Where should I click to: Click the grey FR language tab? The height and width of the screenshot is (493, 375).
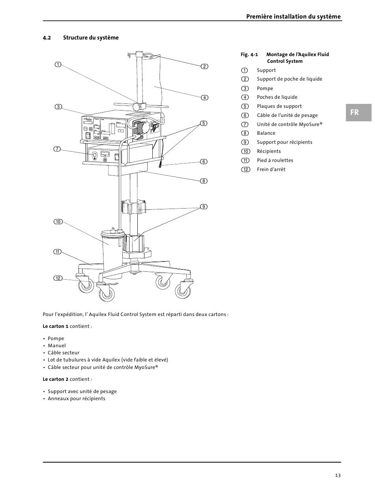coord(358,112)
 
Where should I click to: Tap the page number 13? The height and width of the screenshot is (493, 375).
coord(338,475)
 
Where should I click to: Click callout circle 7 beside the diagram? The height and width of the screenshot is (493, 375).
coord(57,149)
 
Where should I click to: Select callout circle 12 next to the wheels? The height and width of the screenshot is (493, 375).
coord(58,278)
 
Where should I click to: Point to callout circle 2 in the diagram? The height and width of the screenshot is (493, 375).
coord(204,66)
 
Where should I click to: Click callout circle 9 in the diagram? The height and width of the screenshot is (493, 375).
coord(204,207)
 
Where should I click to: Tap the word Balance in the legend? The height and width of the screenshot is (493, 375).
coord(266,133)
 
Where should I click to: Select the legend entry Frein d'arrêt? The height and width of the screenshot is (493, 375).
coord(271,169)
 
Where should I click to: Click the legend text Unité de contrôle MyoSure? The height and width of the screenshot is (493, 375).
coord(289,124)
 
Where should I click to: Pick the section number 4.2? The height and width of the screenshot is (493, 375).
coord(47,38)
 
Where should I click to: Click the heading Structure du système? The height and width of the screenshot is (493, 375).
coord(91,38)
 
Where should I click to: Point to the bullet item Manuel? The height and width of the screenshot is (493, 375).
coord(56,345)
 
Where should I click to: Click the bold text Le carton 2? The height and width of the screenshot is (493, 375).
coord(55,379)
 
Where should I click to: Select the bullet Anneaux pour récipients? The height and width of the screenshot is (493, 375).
coord(76,399)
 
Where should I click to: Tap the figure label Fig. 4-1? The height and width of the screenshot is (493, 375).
coord(249,55)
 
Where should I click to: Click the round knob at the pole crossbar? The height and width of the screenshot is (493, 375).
coord(137,106)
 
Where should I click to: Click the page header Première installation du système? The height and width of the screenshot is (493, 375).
coord(293,17)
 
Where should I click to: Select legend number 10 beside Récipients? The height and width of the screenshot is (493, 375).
coord(246,151)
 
